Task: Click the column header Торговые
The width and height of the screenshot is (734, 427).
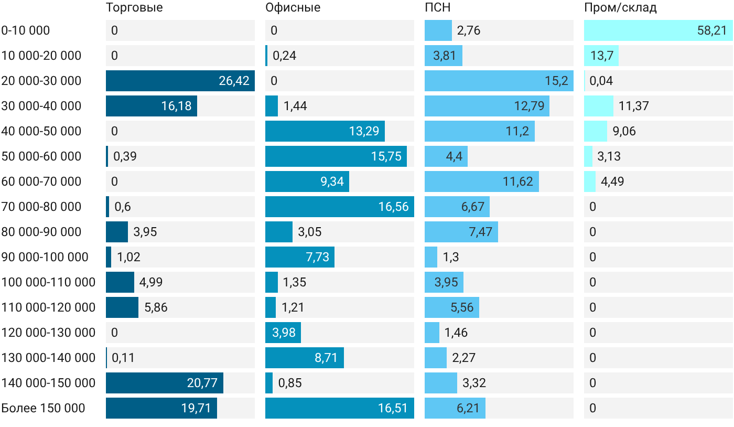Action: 134,8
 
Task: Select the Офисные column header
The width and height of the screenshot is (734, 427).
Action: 293,7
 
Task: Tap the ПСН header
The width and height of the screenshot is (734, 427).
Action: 437,7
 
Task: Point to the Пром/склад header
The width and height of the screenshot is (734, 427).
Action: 620,8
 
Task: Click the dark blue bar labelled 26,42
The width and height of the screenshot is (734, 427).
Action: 180,81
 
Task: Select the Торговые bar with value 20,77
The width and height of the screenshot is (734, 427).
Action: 165,383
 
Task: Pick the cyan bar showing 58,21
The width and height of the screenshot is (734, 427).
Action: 659,30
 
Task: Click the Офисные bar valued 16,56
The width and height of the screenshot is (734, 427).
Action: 340,207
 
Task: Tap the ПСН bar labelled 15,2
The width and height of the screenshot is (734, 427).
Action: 499,81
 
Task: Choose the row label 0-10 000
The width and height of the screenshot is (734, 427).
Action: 26,30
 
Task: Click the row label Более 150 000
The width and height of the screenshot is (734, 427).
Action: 43,408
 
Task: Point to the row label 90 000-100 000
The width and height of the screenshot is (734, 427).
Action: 45,257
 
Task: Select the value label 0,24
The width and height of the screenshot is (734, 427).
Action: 284,56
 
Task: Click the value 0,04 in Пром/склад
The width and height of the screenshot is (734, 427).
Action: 601,81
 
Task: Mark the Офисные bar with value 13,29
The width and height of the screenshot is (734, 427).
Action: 325,131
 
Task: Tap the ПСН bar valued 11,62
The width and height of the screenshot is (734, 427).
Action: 482,182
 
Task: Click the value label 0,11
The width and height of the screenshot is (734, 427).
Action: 123,358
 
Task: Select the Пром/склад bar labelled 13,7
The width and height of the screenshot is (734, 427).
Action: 601,56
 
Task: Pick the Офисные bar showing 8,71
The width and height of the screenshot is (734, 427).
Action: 305,357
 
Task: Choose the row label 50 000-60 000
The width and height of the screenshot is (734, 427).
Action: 41,156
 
